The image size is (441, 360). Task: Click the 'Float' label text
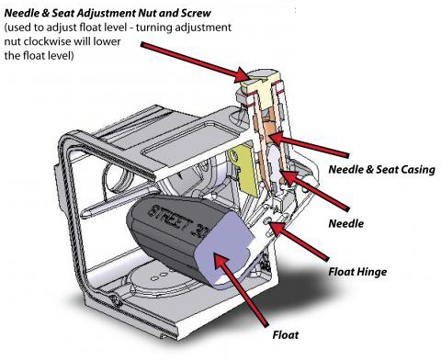pos(286,334)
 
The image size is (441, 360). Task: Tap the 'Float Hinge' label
pos(357,272)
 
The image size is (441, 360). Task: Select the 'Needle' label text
pos(346,223)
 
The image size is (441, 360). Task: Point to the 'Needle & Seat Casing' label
pos(382,170)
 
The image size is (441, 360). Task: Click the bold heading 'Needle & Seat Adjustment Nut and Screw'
pos(107,13)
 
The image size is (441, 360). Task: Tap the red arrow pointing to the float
pos(241,288)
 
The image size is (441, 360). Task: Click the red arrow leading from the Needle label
pos(314,190)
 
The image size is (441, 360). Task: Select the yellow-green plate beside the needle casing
pos(243,170)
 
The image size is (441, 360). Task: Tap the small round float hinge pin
pos(268,220)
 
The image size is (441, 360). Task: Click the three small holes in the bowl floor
pos(160,276)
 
